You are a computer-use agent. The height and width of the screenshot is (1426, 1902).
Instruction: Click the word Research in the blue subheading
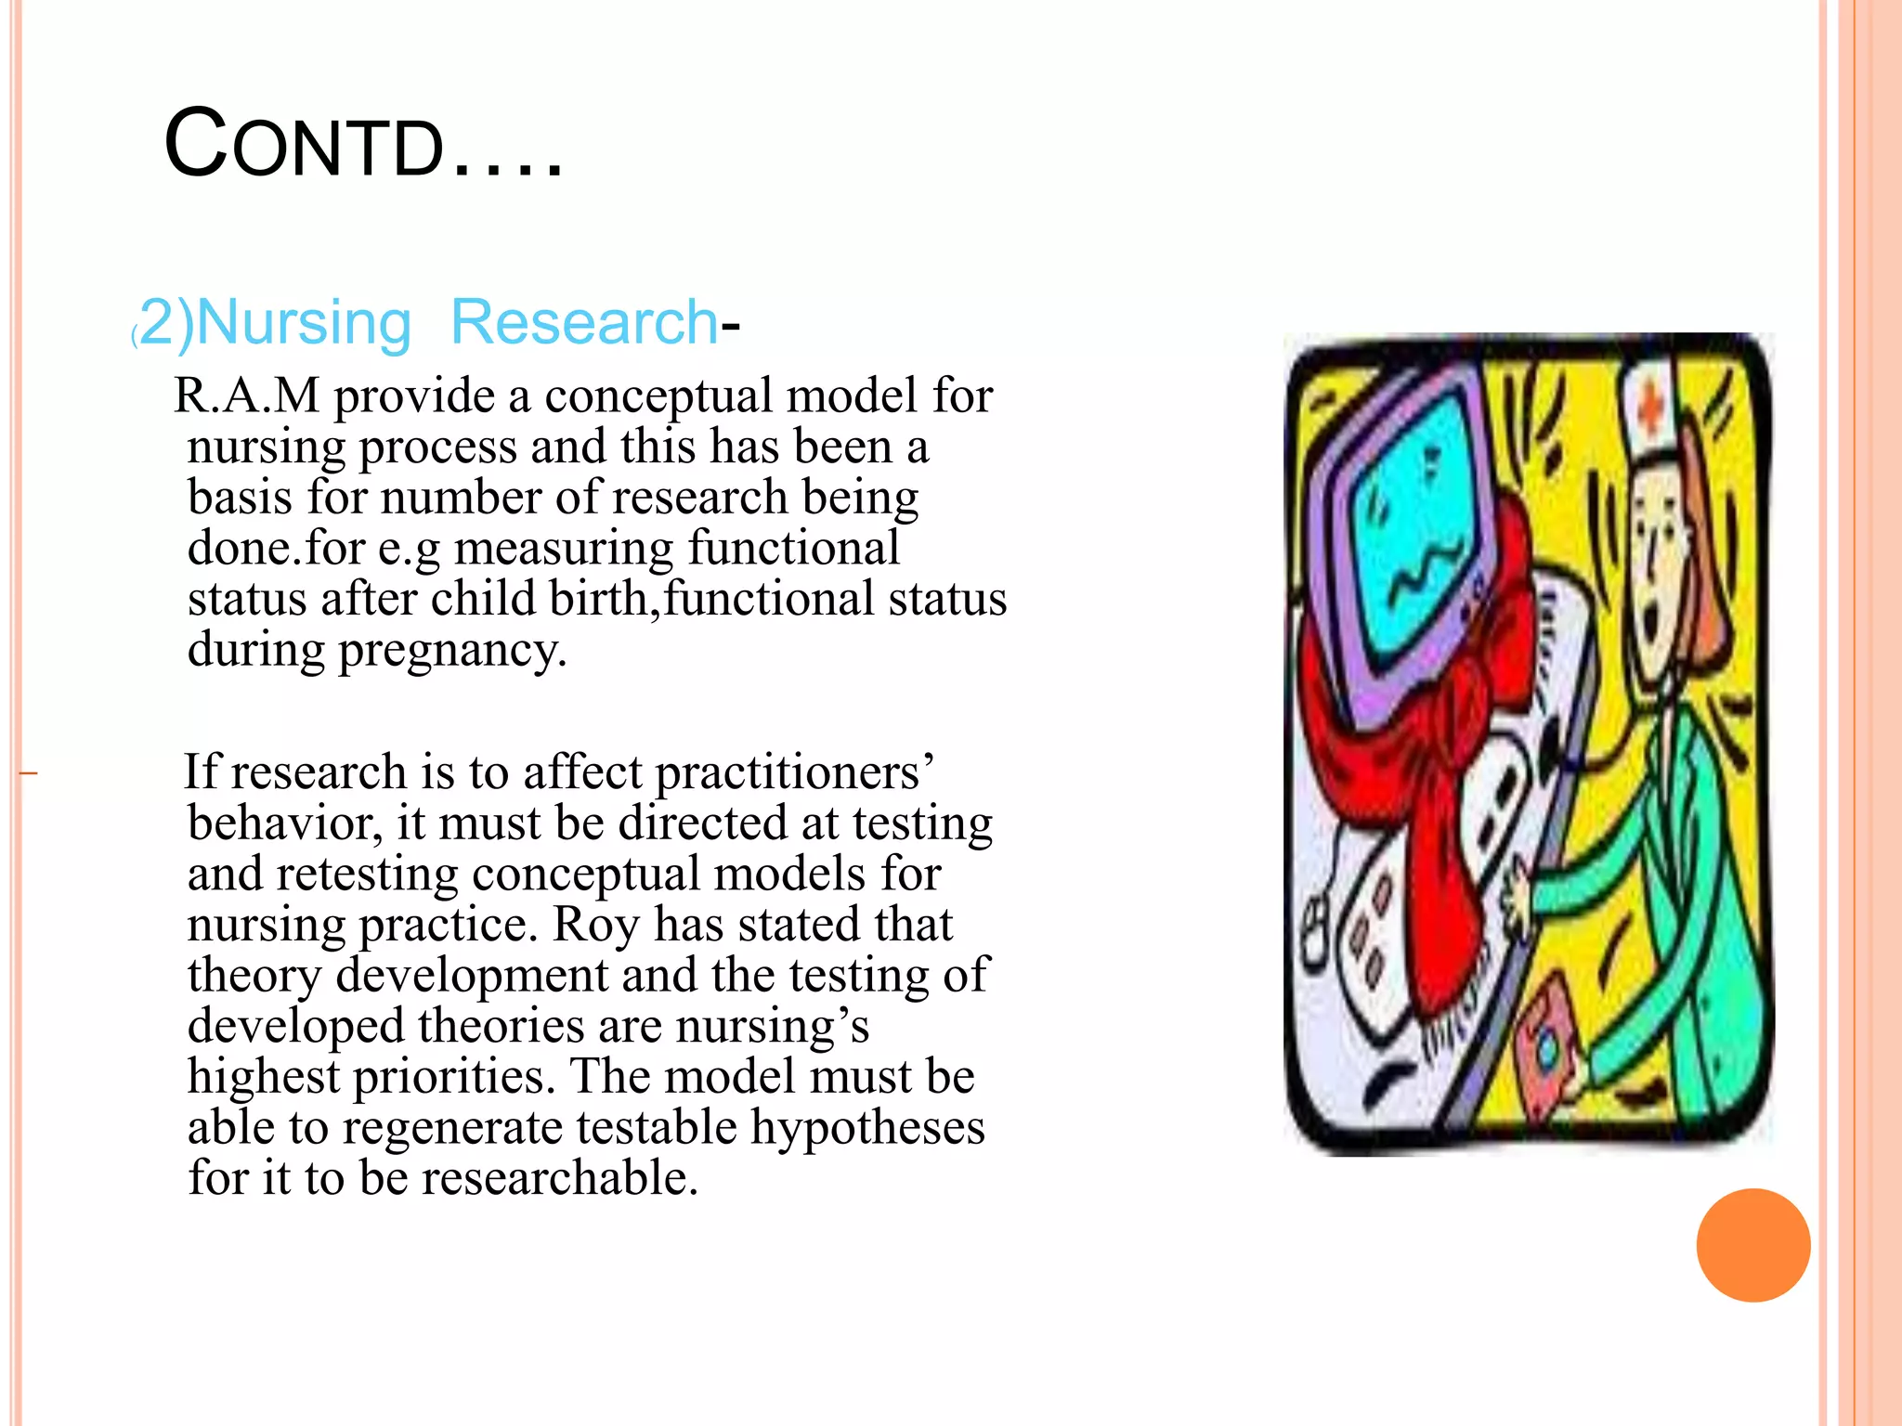click(x=583, y=322)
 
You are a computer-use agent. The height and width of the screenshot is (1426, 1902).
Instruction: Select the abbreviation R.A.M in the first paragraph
click(x=246, y=395)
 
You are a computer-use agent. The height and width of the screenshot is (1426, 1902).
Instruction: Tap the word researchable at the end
click(x=559, y=1178)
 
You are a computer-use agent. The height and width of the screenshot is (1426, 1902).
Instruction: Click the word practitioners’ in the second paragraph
click(x=795, y=773)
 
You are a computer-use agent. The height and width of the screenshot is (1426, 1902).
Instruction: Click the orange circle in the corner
click(x=1752, y=1245)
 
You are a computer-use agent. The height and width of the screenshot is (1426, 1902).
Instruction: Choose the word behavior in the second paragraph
click(x=283, y=823)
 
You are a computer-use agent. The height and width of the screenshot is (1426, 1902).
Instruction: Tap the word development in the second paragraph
click(x=471, y=976)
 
